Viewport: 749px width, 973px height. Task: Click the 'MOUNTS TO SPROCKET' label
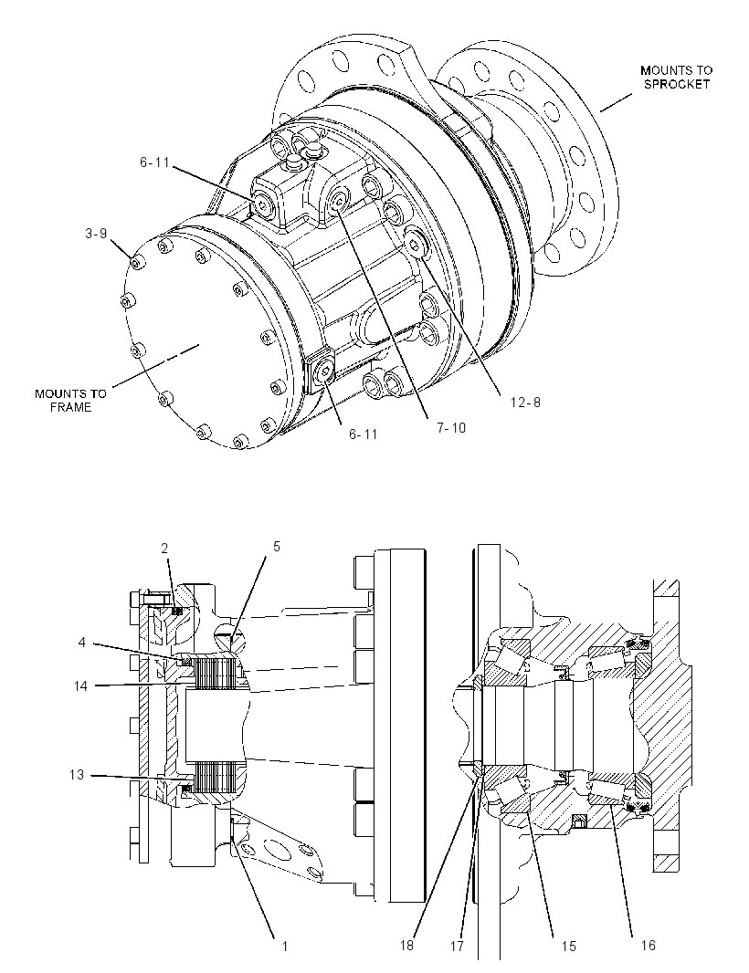pyautogui.click(x=676, y=78)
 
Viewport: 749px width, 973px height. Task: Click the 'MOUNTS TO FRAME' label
pyautogui.click(x=70, y=401)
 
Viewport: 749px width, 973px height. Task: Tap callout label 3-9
pyautogui.click(x=96, y=234)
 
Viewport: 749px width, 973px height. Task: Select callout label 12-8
pyautogui.click(x=525, y=403)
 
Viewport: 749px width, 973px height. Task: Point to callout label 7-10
pyautogui.click(x=451, y=427)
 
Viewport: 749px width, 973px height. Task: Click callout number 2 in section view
pyautogui.click(x=164, y=548)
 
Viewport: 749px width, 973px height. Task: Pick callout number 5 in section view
pyautogui.click(x=277, y=546)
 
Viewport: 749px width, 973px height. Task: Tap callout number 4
pyautogui.click(x=81, y=643)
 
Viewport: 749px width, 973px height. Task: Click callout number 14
pyautogui.click(x=81, y=685)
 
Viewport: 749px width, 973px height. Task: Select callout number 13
pyautogui.click(x=77, y=775)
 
